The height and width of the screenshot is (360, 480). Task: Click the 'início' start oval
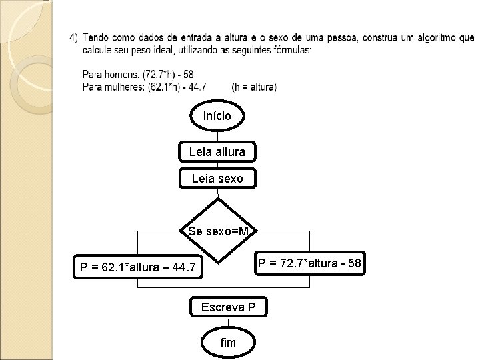(217, 116)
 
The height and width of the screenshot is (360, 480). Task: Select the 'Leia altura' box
(217, 152)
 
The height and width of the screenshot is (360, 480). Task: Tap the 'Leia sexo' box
(217, 178)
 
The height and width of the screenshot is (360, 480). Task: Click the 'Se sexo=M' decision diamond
(218, 231)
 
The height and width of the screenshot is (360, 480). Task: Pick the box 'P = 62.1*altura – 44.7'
(138, 268)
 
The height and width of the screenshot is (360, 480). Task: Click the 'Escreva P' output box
(229, 307)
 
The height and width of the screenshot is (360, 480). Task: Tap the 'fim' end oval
(228, 342)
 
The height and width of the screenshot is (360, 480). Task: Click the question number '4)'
(73, 37)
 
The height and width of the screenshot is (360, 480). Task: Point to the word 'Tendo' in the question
(97, 37)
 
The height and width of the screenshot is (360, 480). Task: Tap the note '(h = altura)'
(254, 87)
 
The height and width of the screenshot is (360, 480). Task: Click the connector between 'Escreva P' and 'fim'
(228, 321)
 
